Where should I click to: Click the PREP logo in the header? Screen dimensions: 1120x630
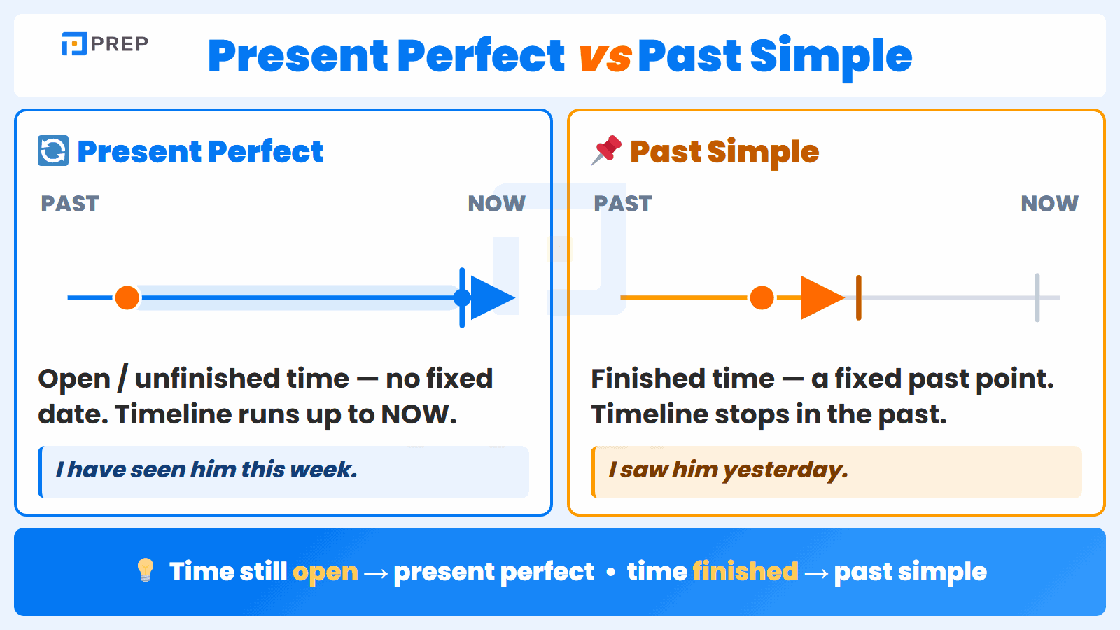[x=105, y=44]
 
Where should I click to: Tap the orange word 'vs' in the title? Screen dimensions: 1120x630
[x=605, y=57]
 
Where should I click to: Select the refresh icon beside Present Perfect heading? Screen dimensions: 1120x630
[x=53, y=150]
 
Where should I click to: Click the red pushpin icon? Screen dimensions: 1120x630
[x=606, y=150]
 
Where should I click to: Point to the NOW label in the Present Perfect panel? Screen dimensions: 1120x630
[x=496, y=204]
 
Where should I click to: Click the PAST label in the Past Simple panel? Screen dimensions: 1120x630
[x=622, y=204]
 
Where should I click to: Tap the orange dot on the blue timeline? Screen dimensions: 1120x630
[x=127, y=298]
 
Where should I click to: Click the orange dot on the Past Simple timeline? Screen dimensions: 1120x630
[x=762, y=298]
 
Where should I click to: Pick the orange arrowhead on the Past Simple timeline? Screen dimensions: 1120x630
[x=822, y=298]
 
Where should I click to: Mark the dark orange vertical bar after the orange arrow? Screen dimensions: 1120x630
[x=858, y=298]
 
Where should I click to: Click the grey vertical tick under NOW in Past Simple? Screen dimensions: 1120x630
[x=1037, y=298]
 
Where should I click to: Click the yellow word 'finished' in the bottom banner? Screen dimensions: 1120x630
[x=745, y=571]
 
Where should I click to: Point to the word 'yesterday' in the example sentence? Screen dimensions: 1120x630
[x=785, y=470]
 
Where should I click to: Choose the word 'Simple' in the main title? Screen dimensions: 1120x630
[x=831, y=57]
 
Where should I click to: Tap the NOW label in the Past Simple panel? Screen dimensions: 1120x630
[x=1049, y=204]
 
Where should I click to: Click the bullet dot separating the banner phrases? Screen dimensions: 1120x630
[x=610, y=573]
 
